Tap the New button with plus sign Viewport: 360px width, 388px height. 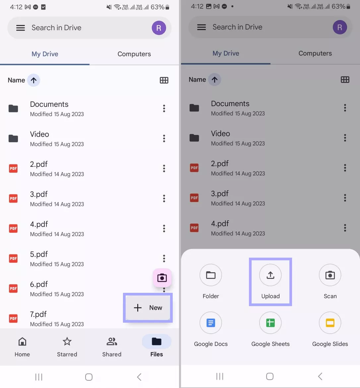pyautogui.click(x=148, y=308)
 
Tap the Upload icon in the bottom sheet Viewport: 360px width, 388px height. pyautogui.click(x=270, y=275)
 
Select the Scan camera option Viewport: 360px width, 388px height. pyautogui.click(x=330, y=275)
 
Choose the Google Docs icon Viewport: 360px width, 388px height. pyautogui.click(x=211, y=323)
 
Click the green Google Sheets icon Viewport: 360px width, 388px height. pyautogui.click(x=270, y=323)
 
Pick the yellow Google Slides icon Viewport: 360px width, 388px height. pyautogui.click(x=330, y=323)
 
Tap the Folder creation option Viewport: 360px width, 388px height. pyautogui.click(x=211, y=275)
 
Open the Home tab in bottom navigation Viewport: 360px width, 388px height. pyautogui.click(x=22, y=347)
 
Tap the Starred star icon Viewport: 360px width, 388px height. pyautogui.click(x=67, y=342)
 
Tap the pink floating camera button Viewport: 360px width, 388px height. pyautogui.click(x=162, y=278)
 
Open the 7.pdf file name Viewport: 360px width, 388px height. pyautogui.click(x=38, y=314)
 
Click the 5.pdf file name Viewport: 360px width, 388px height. pyautogui.click(x=39, y=254)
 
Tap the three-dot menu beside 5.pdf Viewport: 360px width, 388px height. pyautogui.click(x=164, y=258)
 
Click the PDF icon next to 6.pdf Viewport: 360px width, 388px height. pyautogui.click(x=13, y=289)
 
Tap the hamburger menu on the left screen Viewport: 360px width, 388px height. pyautogui.click(x=21, y=28)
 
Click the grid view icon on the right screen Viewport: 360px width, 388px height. pyautogui.click(x=345, y=80)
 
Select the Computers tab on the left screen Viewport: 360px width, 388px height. pyautogui.click(x=134, y=54)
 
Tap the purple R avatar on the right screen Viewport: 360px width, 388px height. pyautogui.click(x=339, y=27)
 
